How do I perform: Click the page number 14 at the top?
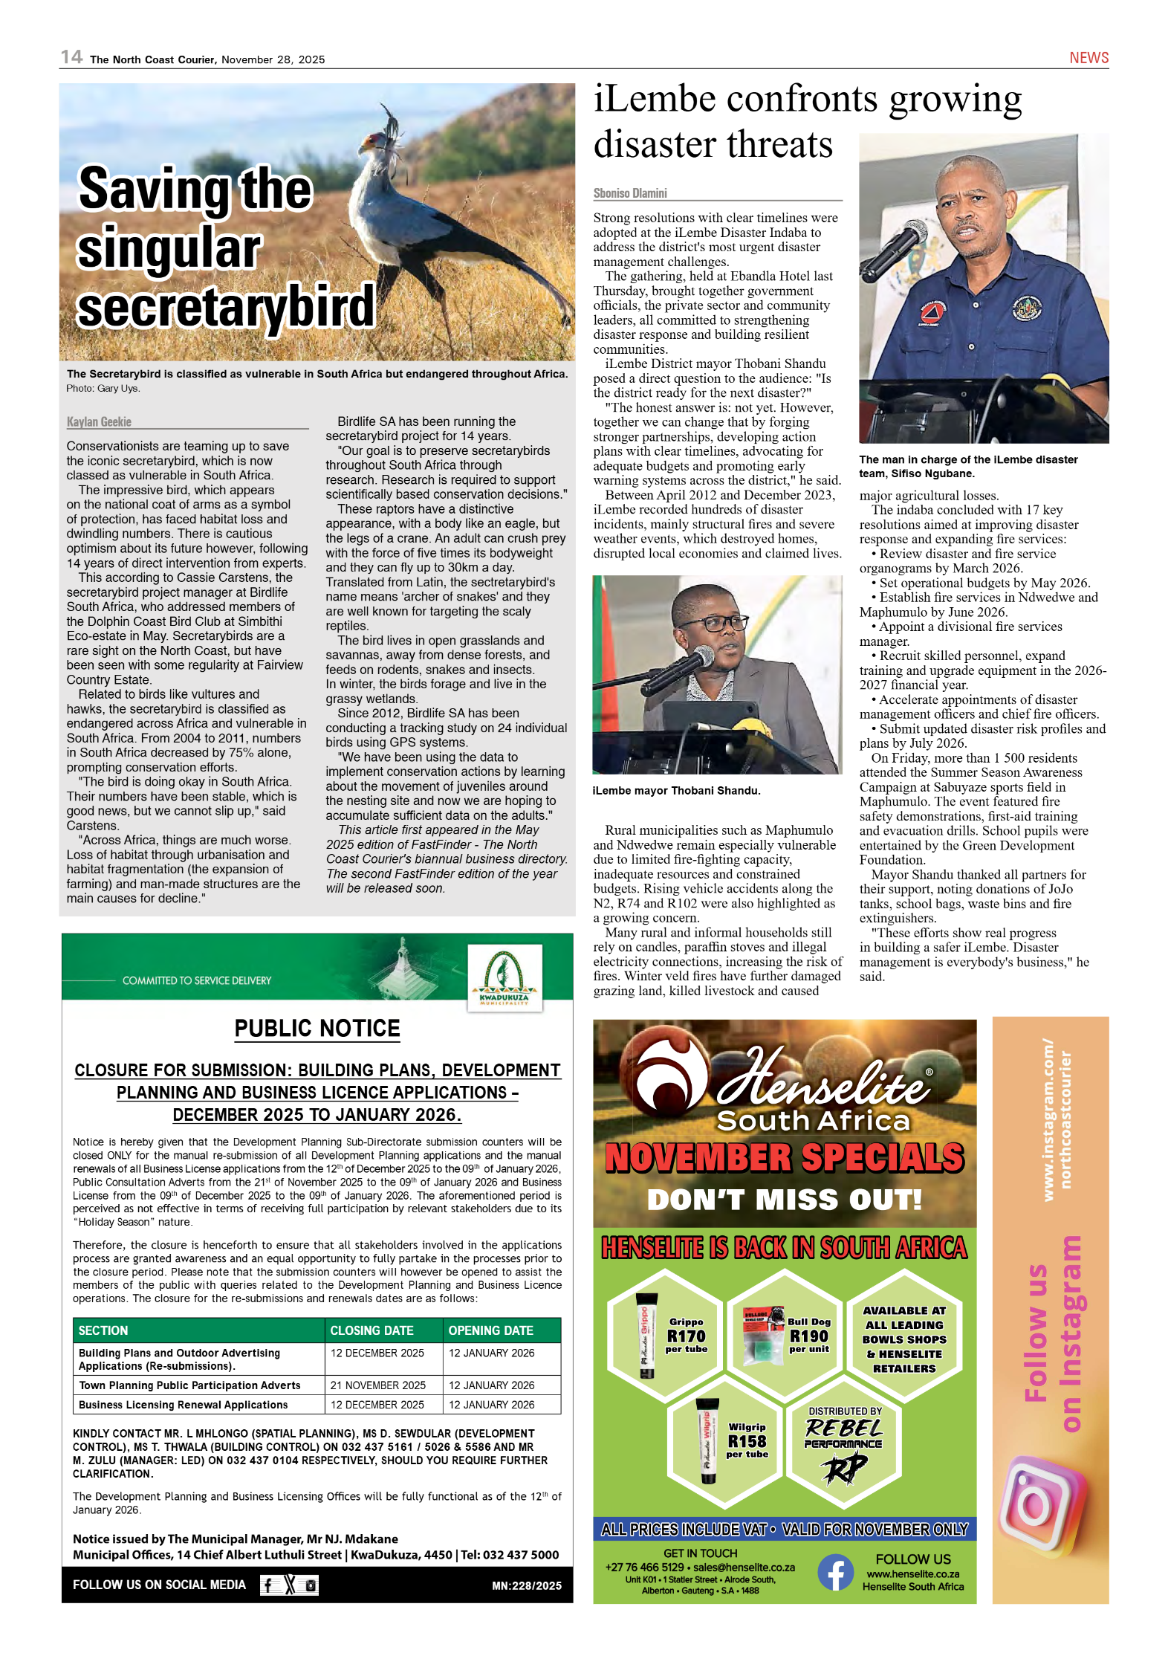[x=71, y=57]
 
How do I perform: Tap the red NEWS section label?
[x=1088, y=58]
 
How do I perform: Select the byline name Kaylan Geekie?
[x=99, y=421]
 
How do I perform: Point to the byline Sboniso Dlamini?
[x=630, y=193]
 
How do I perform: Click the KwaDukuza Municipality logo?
[x=504, y=977]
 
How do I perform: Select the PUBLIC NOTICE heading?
[x=317, y=1029]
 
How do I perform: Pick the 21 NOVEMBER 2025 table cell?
[x=378, y=1385]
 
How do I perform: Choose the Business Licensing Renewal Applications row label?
[x=184, y=1405]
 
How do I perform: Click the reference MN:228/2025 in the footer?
[x=527, y=1585]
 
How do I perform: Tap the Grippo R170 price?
[x=686, y=1336]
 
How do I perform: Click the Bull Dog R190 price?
[x=808, y=1336]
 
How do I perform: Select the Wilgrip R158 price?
[x=747, y=1440]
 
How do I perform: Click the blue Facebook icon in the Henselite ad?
[x=836, y=1573]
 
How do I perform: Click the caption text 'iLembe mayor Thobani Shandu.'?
[x=676, y=791]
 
